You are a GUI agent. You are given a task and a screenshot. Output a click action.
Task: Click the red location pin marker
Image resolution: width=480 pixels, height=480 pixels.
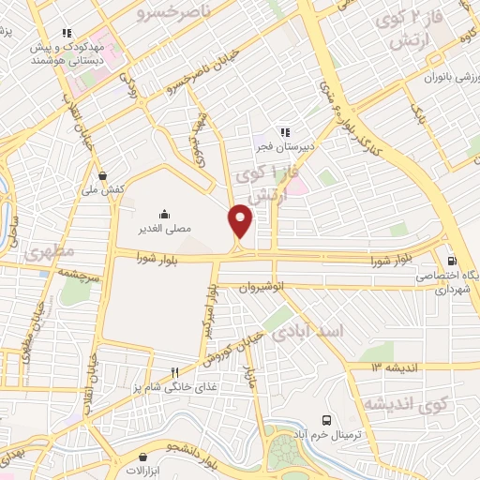coord(241,221)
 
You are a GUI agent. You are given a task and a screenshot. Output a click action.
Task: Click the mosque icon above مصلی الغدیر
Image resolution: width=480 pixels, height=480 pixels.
coord(165,214)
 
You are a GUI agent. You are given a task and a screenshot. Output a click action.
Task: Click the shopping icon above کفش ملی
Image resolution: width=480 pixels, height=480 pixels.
coord(102,175)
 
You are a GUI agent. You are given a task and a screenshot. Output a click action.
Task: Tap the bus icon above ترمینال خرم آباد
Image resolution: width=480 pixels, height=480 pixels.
coord(326,420)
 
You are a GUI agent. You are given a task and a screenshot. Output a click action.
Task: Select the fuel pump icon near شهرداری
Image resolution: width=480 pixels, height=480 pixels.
coord(453,262)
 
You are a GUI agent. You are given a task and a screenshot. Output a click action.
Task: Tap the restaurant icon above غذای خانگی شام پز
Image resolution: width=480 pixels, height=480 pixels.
coord(172,372)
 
